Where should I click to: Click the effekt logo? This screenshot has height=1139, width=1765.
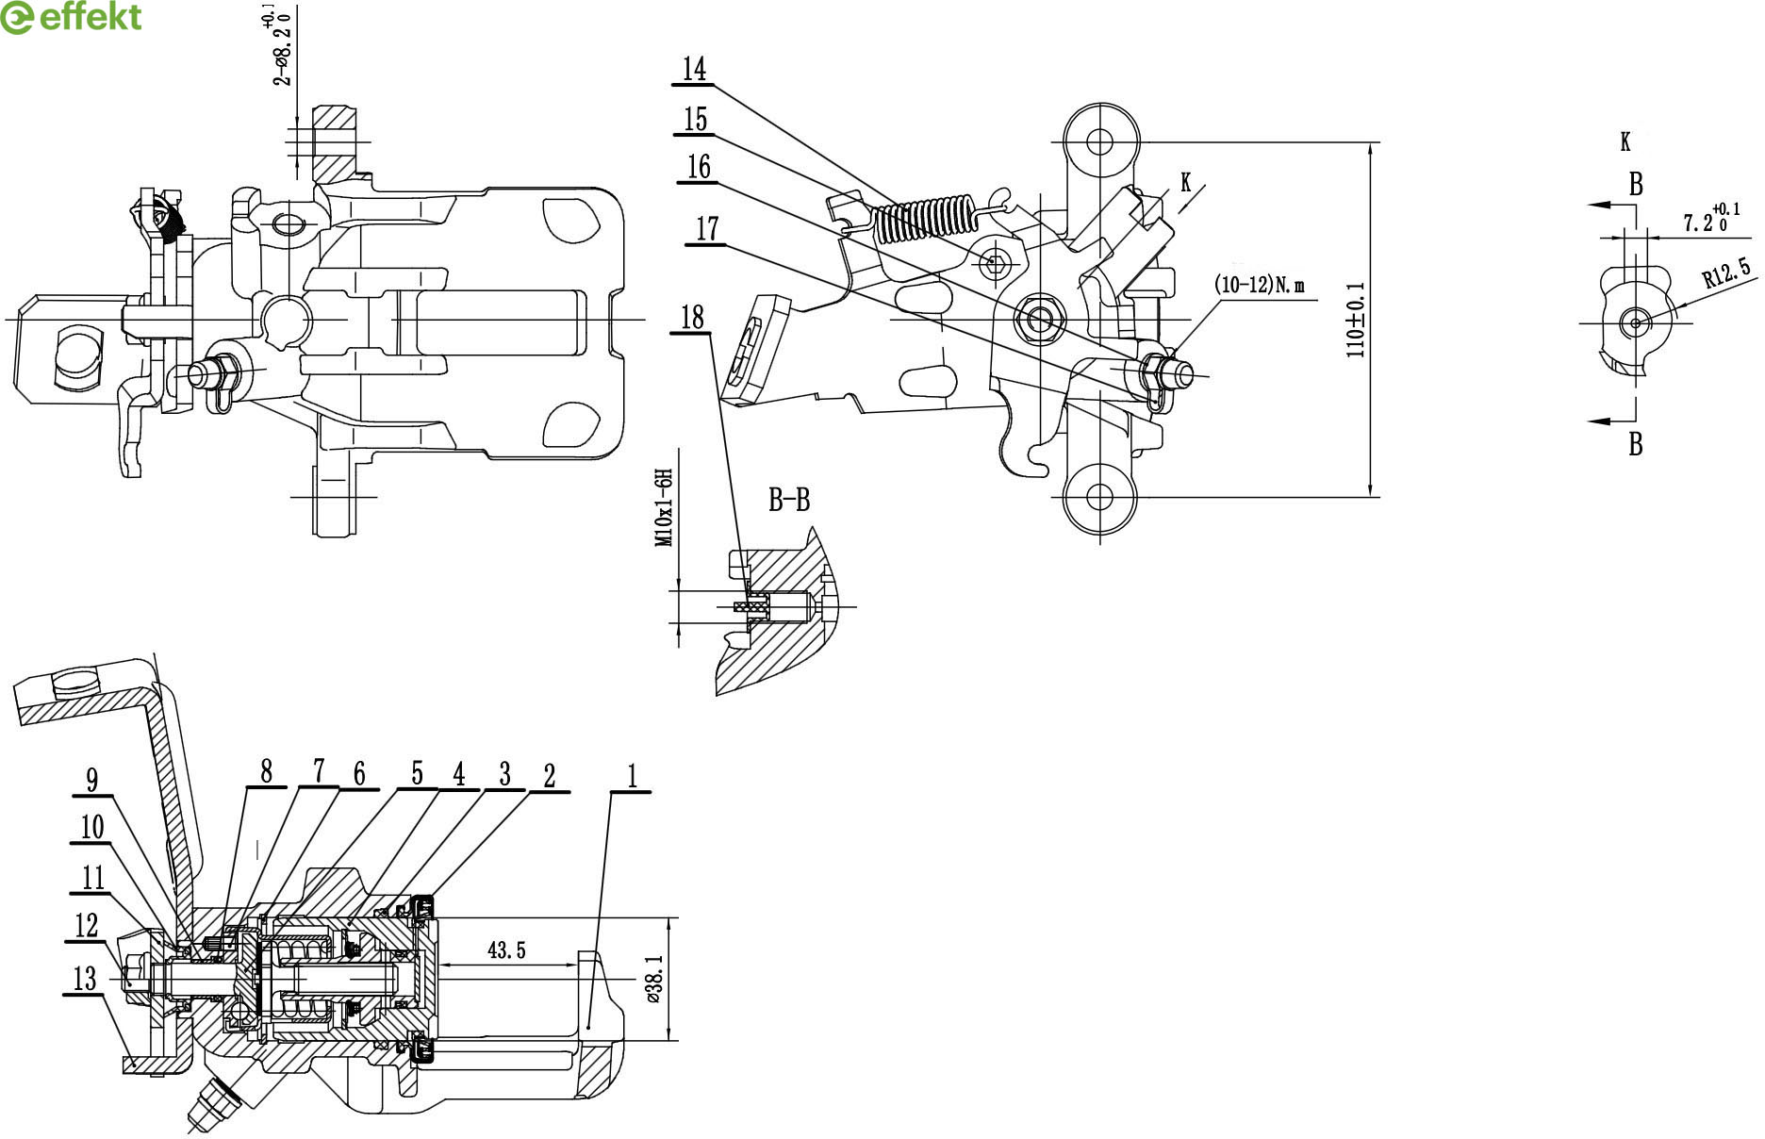point(72,17)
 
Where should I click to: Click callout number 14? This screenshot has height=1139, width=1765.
point(695,69)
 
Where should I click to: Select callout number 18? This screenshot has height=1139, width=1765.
point(692,318)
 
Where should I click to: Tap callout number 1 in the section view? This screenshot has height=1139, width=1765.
point(633,776)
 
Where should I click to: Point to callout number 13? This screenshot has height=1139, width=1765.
point(85,978)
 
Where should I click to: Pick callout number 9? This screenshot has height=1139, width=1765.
point(91,780)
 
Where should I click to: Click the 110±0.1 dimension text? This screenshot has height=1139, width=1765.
point(1356,320)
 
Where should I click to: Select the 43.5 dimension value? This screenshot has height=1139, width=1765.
point(506,950)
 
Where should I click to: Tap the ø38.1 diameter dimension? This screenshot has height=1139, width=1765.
point(656,981)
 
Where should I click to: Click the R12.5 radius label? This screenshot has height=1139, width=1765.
point(1726,272)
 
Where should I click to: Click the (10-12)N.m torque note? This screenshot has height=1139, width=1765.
point(1261,285)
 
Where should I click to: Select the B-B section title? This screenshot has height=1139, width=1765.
point(789,500)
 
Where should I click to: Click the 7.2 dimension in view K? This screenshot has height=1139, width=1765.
point(1703,222)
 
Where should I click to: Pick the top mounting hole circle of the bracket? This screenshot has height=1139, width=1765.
point(1099,142)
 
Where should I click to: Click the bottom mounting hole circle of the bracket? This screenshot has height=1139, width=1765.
point(1099,496)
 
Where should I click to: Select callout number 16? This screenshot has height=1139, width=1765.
point(699,167)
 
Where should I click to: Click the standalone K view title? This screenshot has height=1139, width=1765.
point(1625,142)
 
